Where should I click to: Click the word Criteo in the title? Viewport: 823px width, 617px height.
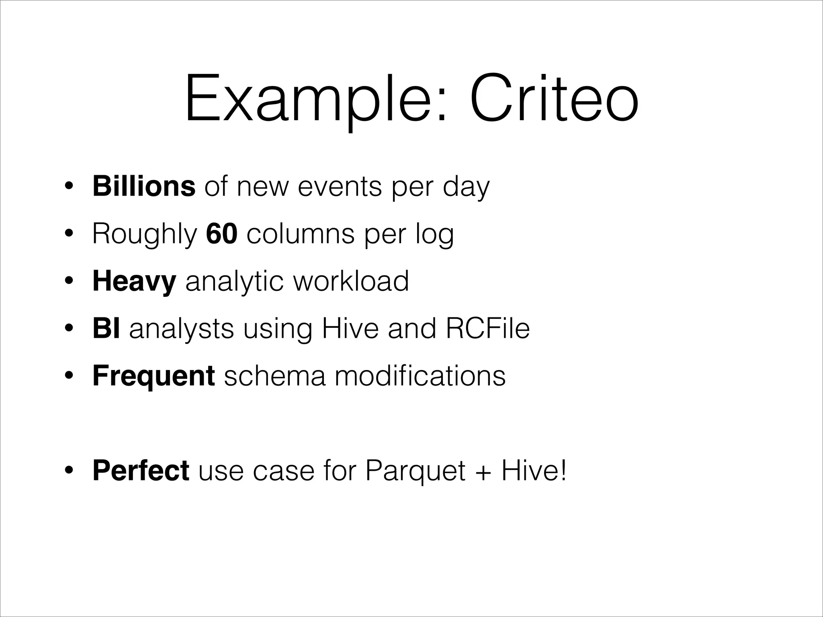554,98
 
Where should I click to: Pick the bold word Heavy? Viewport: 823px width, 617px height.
134,281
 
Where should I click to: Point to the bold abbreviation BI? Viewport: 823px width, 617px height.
106,328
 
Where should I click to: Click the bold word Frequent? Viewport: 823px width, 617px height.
154,376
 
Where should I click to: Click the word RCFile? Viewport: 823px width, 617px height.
487,328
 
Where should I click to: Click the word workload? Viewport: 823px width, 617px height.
351,281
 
